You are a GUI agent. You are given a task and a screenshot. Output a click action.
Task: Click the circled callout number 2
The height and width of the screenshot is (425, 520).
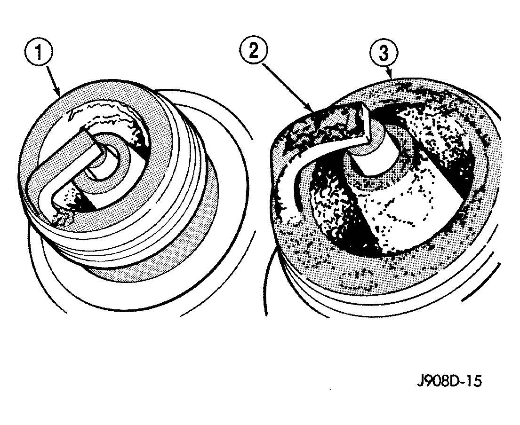coord(254,50)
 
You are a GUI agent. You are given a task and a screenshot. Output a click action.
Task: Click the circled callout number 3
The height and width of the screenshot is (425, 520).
coord(384,53)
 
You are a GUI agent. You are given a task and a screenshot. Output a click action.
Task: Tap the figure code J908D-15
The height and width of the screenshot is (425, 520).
coord(449,381)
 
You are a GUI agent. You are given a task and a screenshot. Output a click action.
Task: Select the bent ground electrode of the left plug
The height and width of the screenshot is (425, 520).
coord(56,165)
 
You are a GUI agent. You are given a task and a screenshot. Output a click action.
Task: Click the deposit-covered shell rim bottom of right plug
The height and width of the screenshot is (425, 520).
coord(365,272)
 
